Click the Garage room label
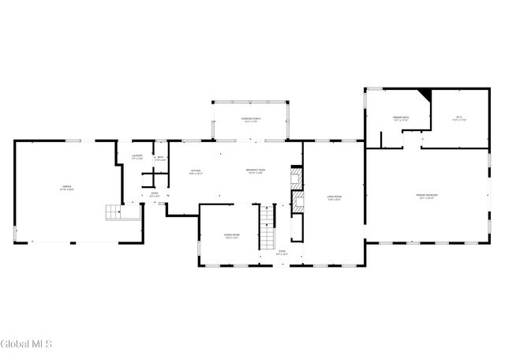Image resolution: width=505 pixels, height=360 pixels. pos(68,188)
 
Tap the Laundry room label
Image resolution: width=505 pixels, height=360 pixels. pos(137,157)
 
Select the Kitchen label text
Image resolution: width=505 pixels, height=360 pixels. pos(196,171)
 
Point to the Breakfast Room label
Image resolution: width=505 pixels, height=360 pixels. pos(254,171)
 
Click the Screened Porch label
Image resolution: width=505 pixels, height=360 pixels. pos(251,120)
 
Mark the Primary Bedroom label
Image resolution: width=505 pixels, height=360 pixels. pos(427,195)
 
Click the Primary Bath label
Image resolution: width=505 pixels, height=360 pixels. pos(401,119)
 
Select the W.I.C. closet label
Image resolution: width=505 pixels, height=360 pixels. pos(460,119)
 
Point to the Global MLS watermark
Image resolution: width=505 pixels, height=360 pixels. pos(26,344)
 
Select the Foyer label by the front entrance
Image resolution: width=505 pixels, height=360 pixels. pos(282,253)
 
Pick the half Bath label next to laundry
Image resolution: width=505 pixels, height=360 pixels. pos(160,158)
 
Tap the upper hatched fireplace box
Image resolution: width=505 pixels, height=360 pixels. pos(297,174)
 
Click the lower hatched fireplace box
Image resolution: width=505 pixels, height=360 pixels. pos(298,201)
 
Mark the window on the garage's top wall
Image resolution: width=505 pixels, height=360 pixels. pos(73,141)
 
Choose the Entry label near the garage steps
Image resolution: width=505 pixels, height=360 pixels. pos(155,195)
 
